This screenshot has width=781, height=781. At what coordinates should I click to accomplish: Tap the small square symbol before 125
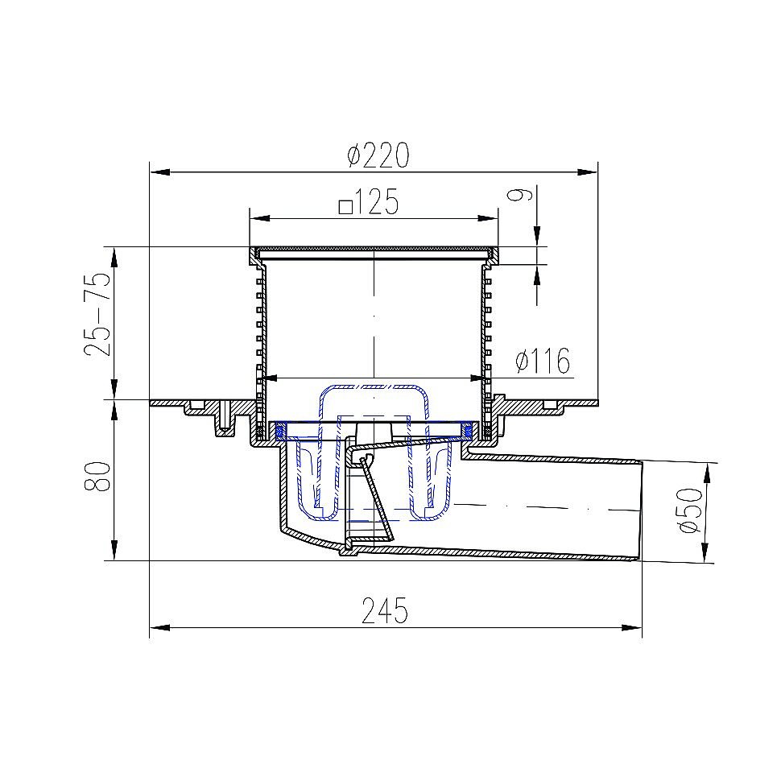345,205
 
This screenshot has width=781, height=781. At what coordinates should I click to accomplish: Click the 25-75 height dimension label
97,314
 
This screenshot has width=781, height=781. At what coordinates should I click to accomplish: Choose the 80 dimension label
97,477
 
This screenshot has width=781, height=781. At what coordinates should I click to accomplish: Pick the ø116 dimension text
543,361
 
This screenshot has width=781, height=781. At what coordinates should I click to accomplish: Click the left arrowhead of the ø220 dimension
160,172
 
